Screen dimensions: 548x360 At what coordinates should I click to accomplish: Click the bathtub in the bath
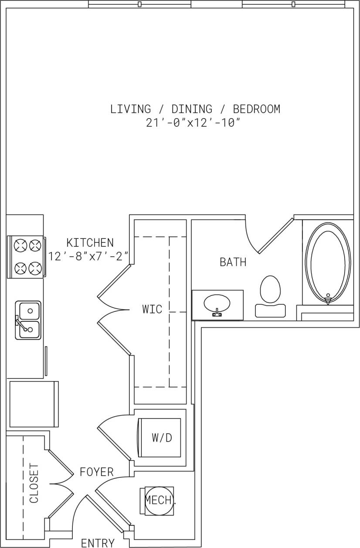tap(328, 262)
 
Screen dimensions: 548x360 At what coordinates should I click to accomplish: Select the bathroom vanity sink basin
tap(217, 302)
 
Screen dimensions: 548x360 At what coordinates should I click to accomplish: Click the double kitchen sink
tap(28, 320)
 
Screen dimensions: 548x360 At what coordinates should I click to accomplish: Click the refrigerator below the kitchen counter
tap(34, 404)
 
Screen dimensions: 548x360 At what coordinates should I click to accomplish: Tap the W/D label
tap(162, 438)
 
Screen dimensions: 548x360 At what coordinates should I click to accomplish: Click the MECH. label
tap(160, 500)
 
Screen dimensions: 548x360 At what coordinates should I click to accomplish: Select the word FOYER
tap(96, 472)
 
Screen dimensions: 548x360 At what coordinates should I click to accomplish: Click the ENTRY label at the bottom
tap(98, 543)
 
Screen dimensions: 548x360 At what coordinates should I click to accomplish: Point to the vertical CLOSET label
tap(34, 483)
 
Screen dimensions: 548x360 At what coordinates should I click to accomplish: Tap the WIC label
tap(152, 309)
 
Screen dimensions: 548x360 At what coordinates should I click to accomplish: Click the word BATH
tap(233, 262)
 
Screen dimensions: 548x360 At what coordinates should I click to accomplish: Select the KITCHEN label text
tap(90, 242)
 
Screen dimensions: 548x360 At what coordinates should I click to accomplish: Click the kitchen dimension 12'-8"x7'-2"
tap(89, 256)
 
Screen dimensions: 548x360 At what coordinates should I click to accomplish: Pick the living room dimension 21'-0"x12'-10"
tap(194, 123)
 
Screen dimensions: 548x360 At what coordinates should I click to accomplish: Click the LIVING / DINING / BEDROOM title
tap(195, 109)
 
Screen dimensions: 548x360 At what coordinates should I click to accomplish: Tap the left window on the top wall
tap(139, 4)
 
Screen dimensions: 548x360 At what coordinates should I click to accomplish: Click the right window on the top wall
tap(293, 4)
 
